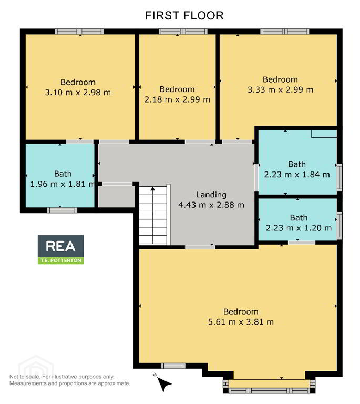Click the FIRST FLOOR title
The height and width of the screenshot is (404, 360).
click(184, 15)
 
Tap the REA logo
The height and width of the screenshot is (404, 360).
click(61, 249)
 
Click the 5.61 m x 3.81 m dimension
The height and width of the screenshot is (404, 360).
click(241, 322)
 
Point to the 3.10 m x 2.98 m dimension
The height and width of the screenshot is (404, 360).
click(78, 92)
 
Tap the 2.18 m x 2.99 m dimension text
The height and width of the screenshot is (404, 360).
click(177, 99)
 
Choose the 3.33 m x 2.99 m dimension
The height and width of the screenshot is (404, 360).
click(281, 89)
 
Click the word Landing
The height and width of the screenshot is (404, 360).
click(211, 195)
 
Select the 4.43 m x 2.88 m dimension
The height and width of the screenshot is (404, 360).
click(211, 205)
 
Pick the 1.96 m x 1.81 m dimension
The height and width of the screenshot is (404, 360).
click(63, 184)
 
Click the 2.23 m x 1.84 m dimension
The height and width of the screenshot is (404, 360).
click(297, 175)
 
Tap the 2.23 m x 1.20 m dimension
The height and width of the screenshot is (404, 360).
click(299, 228)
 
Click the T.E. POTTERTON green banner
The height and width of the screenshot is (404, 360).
click(61, 260)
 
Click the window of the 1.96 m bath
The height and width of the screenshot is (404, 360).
click(62, 210)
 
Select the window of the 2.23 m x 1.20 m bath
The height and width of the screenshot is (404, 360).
click(340, 226)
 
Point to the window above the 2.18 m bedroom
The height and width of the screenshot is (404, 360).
click(183, 32)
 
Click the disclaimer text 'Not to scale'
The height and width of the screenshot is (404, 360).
click(25, 377)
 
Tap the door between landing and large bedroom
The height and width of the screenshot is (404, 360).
click(200, 247)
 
